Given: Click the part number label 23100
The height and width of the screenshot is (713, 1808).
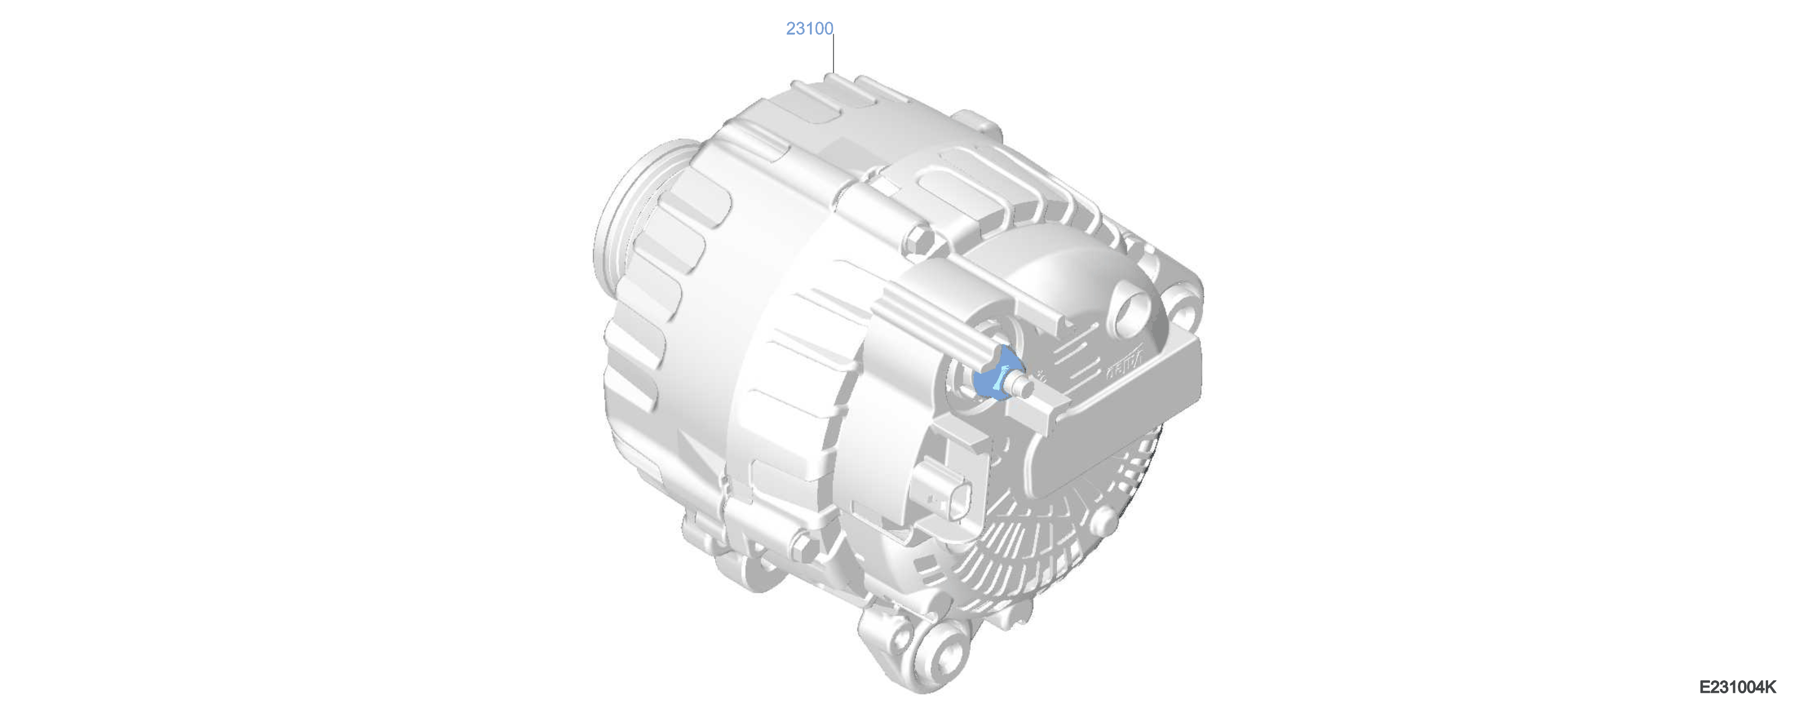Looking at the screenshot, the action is [x=809, y=29].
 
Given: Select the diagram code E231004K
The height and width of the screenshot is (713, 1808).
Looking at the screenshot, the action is [x=1737, y=687].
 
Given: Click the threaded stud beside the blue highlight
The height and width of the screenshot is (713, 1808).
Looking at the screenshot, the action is [x=1020, y=384].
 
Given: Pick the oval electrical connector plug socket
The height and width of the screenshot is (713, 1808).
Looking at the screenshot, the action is [x=942, y=495].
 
